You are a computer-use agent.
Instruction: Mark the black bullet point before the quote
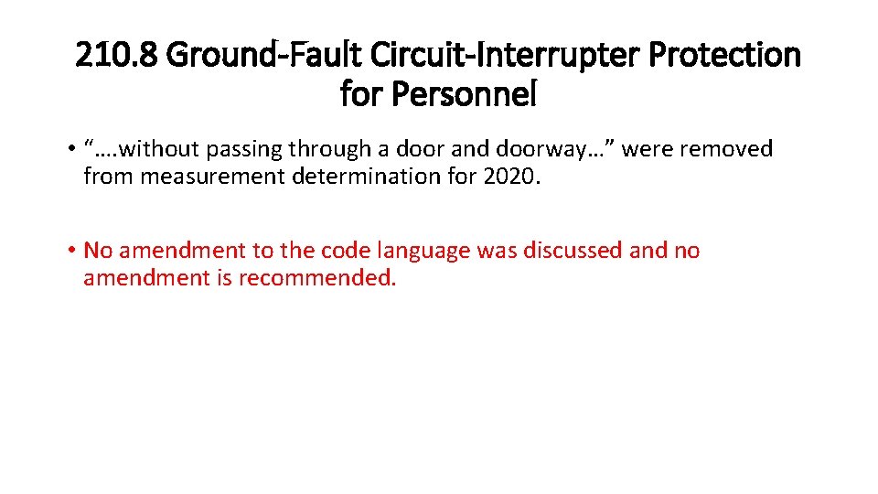tap(70, 149)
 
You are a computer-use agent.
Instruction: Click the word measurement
tap(211, 176)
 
